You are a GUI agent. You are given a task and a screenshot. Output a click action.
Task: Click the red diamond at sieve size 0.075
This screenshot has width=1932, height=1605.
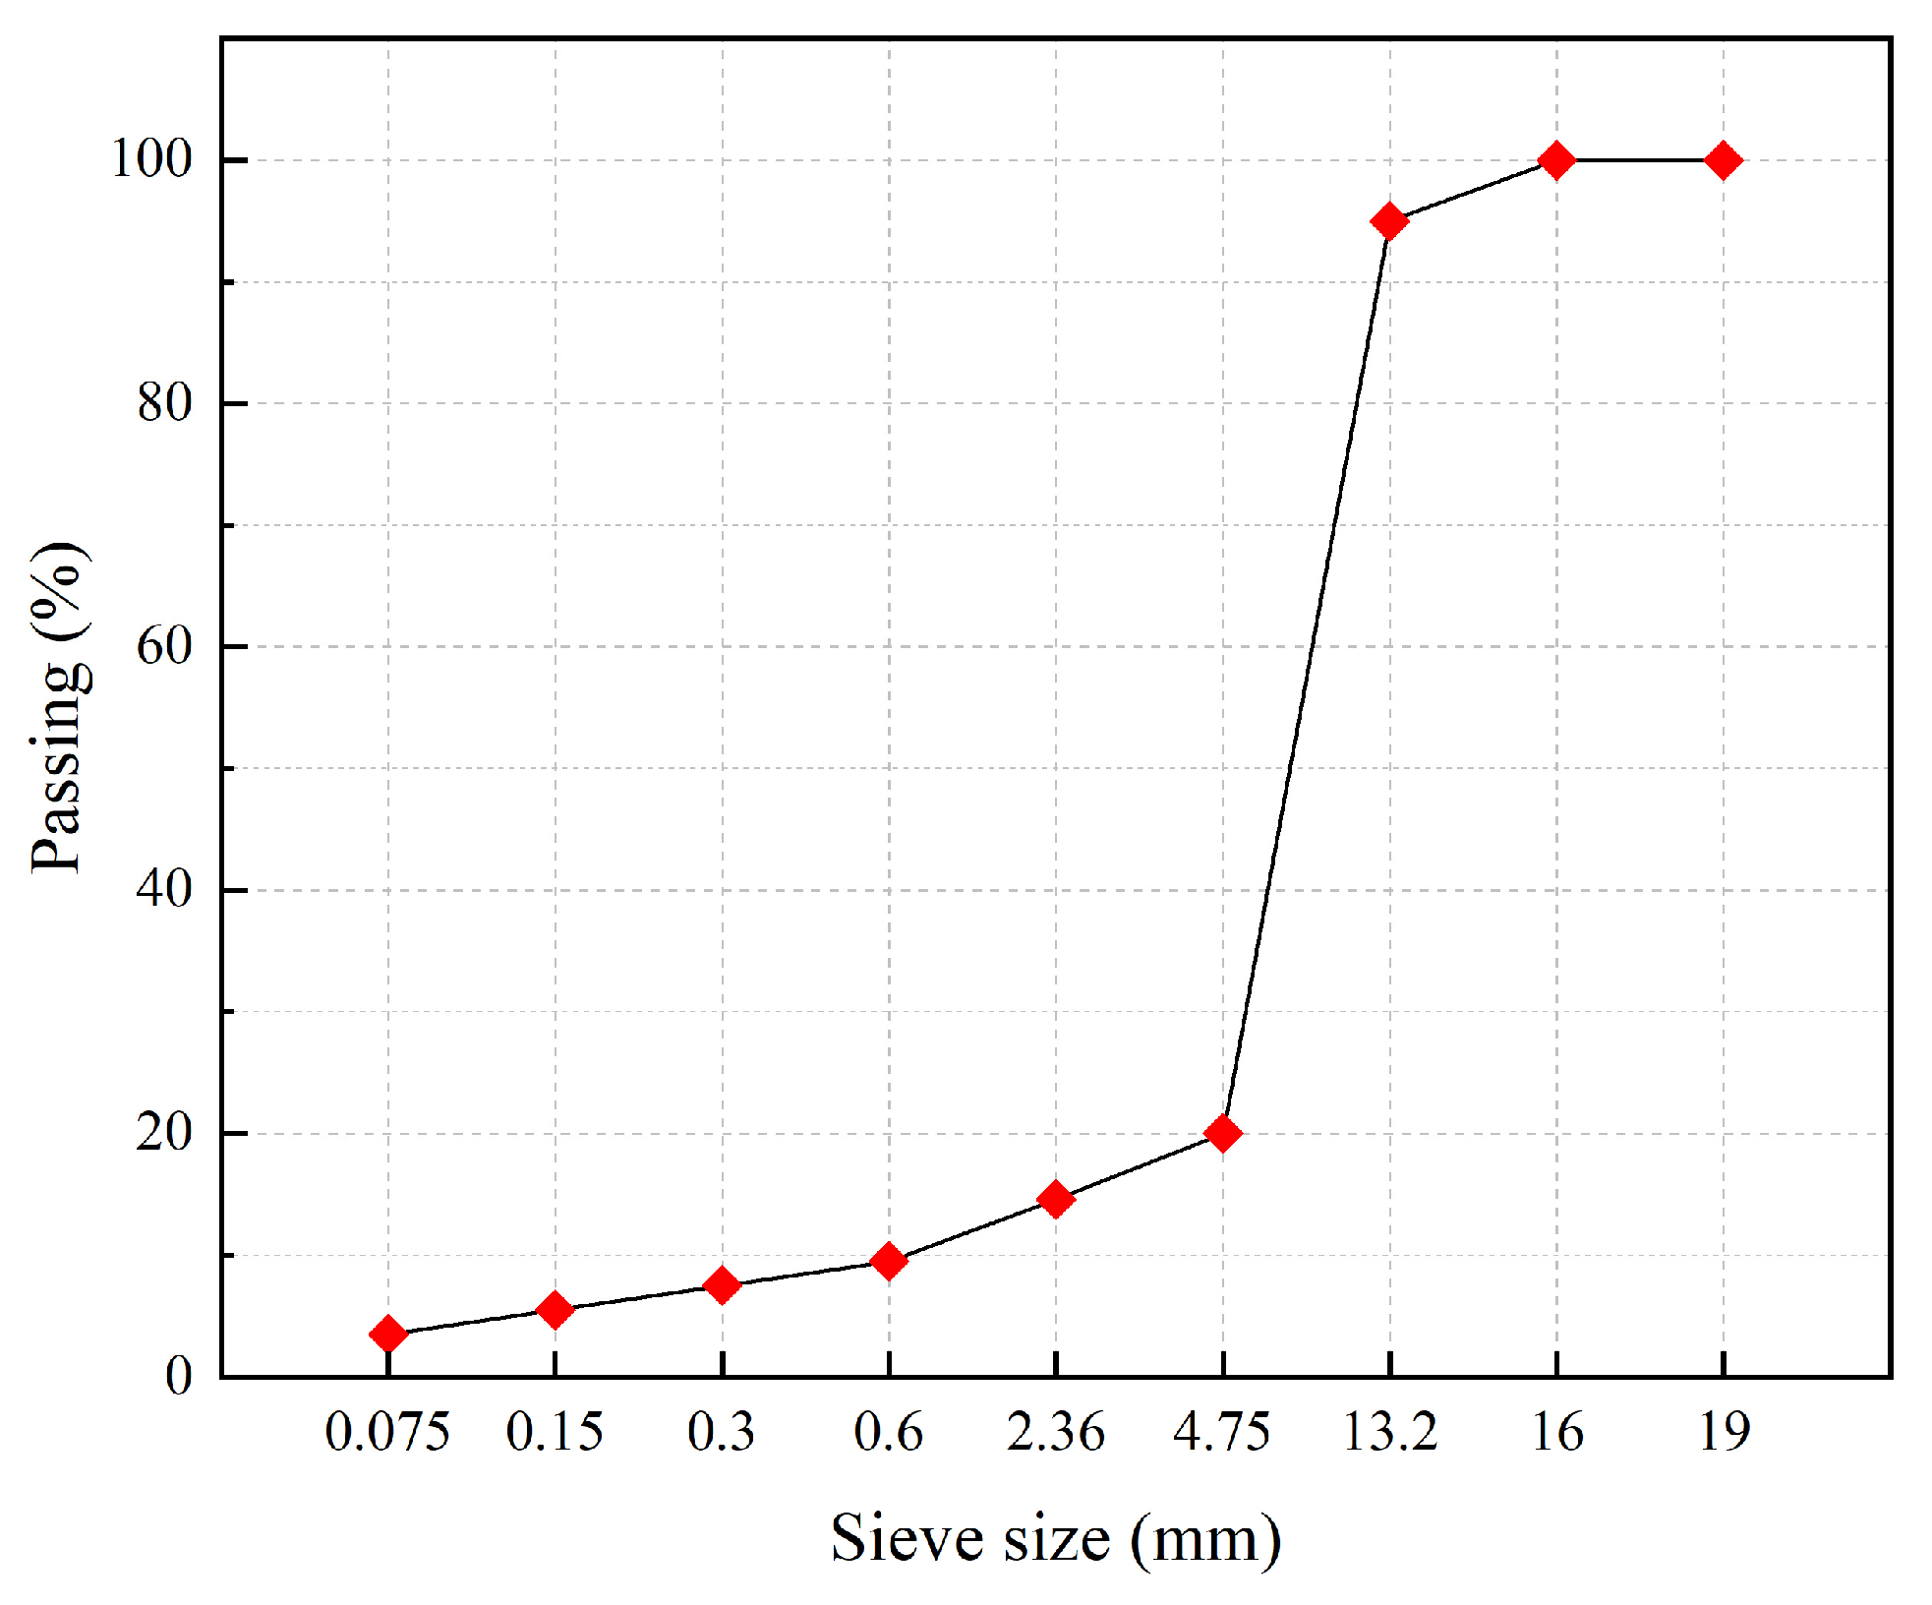(x=388, y=1334)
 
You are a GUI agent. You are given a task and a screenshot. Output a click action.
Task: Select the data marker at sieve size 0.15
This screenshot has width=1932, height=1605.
(x=556, y=1309)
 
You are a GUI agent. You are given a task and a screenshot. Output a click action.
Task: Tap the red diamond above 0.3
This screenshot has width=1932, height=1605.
(x=723, y=1284)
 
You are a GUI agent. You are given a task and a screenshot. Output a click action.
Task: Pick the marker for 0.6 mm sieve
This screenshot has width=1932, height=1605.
(x=889, y=1261)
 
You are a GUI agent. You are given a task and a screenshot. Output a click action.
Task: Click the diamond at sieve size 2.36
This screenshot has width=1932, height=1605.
(x=1056, y=1199)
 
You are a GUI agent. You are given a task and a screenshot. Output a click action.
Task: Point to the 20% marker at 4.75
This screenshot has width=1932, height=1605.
(x=1223, y=1133)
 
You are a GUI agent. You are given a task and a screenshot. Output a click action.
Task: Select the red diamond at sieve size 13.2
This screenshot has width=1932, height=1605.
(x=1389, y=221)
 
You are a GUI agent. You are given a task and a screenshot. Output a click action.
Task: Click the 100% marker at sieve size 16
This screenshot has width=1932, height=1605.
(x=1556, y=159)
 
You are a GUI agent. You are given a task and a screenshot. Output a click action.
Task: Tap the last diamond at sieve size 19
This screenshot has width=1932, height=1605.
(x=1724, y=159)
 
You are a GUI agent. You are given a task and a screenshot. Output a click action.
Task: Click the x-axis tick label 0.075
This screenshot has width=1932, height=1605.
(x=387, y=1432)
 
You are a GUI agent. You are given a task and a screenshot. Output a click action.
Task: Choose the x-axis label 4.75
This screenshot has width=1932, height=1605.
(x=1222, y=1432)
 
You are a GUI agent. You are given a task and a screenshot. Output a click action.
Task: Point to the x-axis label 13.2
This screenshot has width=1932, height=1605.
(x=1389, y=1432)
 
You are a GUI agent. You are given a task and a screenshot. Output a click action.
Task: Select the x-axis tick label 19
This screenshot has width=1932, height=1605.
(x=1724, y=1432)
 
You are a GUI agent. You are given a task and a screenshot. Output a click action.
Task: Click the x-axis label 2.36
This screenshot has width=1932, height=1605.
(x=1056, y=1432)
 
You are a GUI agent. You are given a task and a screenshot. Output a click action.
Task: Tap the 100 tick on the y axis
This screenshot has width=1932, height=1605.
(x=150, y=159)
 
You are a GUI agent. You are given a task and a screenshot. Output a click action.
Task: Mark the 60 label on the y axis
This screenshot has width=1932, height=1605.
(x=163, y=646)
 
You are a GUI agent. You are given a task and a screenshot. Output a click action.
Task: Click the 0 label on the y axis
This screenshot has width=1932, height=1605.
(x=178, y=1376)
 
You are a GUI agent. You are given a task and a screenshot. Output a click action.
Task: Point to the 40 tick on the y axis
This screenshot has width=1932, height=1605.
(x=163, y=889)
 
